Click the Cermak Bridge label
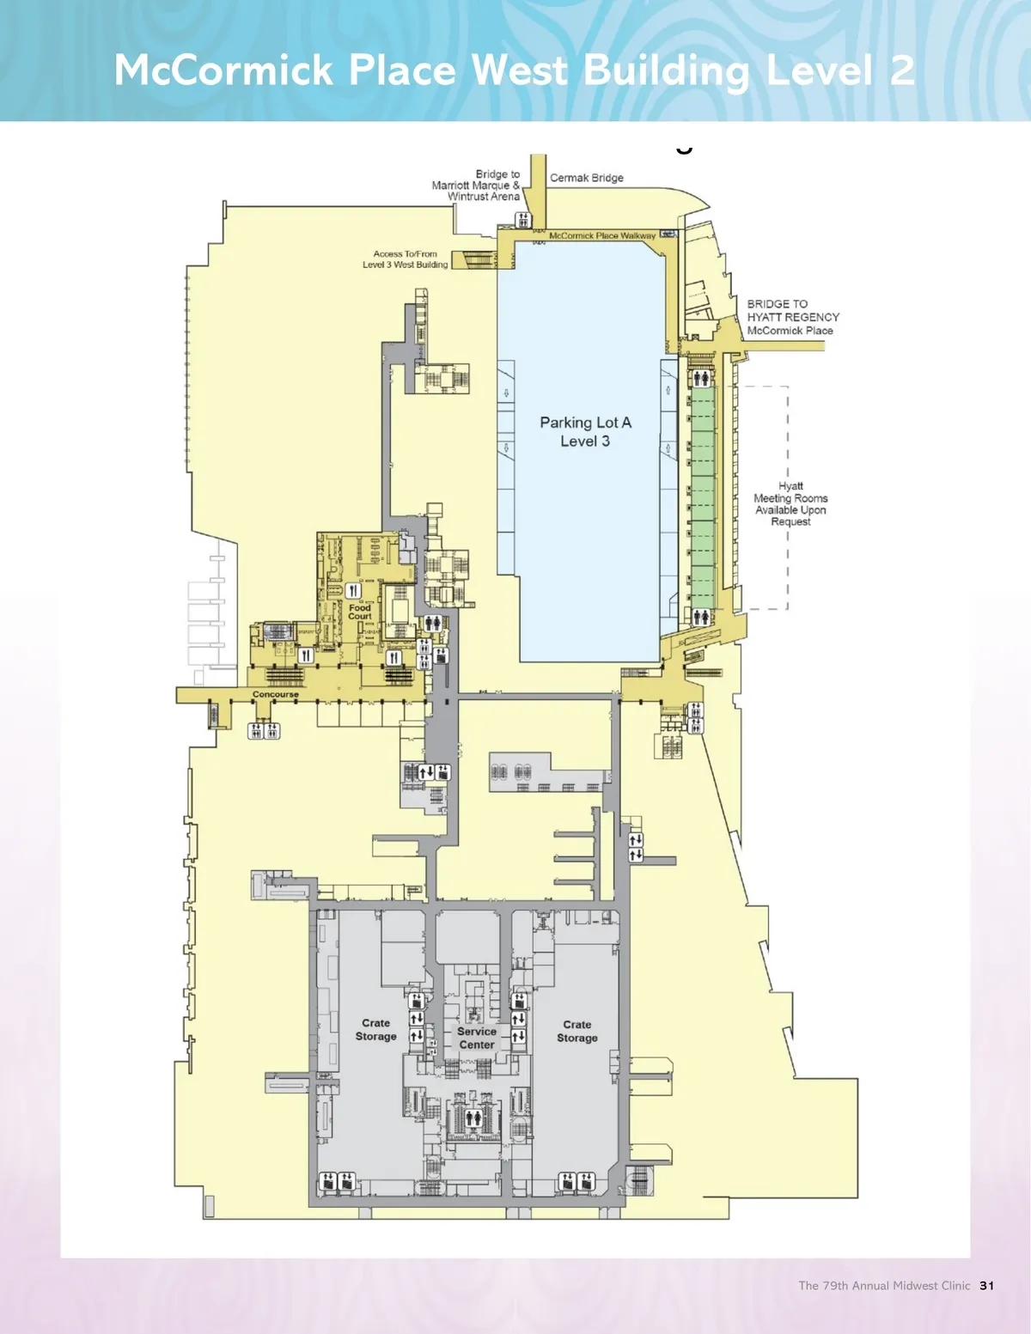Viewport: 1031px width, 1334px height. point(587,178)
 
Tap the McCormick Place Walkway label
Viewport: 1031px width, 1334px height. point(602,235)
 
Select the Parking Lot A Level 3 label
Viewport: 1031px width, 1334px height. point(585,431)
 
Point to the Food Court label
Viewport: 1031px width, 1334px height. point(360,612)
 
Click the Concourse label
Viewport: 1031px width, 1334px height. point(276,694)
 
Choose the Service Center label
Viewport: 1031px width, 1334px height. point(477,1039)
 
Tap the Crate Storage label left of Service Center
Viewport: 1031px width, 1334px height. point(375,1030)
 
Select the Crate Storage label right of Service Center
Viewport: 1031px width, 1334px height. point(577,1032)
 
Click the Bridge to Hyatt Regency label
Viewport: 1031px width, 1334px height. point(793,317)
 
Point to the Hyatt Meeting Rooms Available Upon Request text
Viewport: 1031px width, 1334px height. point(791,504)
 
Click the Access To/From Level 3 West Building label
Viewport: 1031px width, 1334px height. point(406,259)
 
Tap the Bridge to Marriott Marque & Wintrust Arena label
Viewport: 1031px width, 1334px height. point(476,186)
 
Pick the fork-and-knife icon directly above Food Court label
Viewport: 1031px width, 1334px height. point(353,591)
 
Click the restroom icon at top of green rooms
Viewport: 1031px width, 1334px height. point(701,379)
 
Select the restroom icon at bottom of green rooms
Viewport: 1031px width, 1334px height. point(701,617)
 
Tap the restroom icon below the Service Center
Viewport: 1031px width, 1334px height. point(473,1118)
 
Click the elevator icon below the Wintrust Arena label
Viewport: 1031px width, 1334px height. point(523,220)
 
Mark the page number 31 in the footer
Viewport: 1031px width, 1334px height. point(987,1286)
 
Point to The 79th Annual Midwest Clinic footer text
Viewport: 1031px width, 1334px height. point(884,1286)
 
